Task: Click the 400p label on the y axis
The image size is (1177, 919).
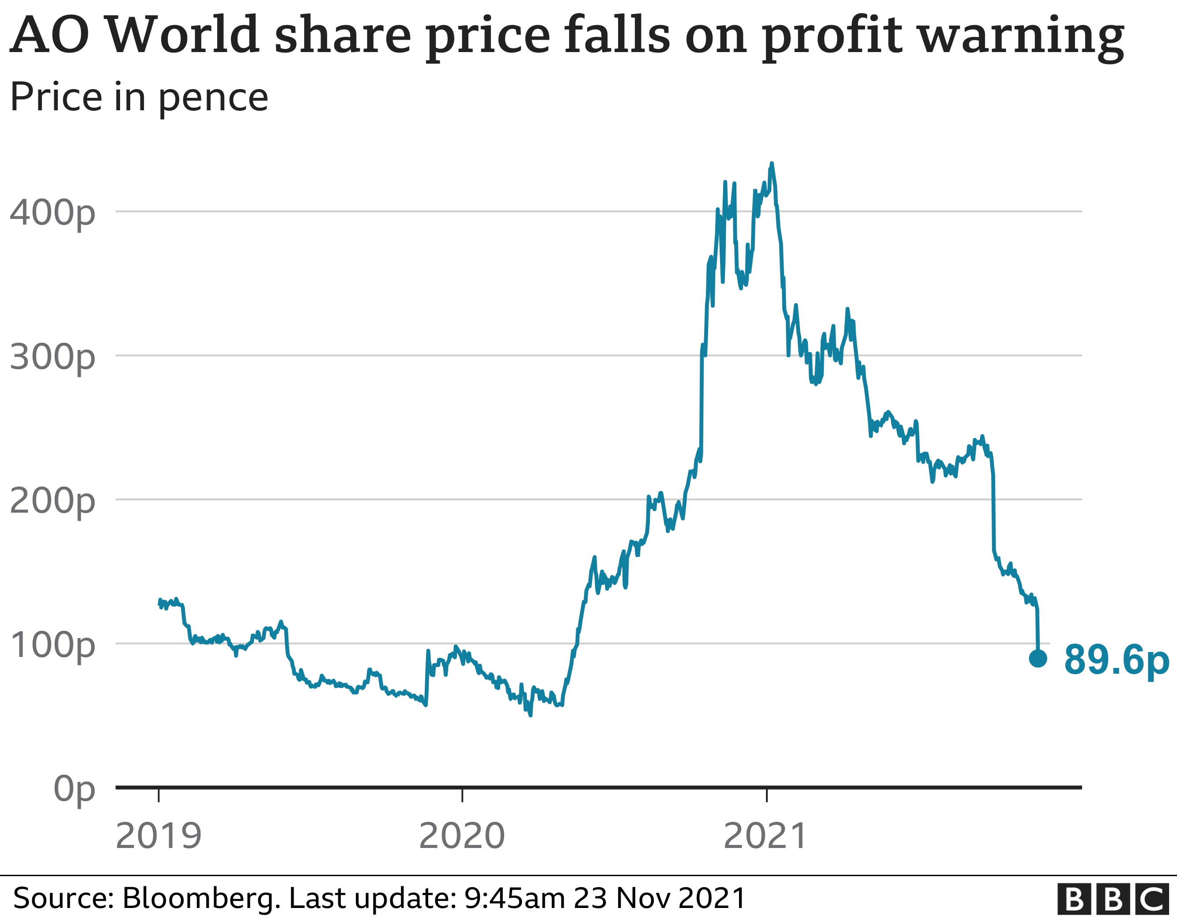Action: coord(52,213)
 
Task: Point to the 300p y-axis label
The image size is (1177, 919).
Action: coord(52,357)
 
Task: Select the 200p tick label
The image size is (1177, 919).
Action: coord(52,501)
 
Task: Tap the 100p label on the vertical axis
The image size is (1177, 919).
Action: coord(52,645)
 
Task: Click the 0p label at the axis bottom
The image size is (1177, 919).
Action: coord(74,789)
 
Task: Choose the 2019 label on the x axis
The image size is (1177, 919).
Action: coord(158,836)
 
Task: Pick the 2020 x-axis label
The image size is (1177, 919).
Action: coord(462,836)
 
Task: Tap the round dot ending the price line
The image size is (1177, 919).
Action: coord(1038,658)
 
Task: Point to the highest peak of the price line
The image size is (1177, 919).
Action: coord(772,163)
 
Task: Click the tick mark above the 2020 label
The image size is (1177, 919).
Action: coord(462,795)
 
